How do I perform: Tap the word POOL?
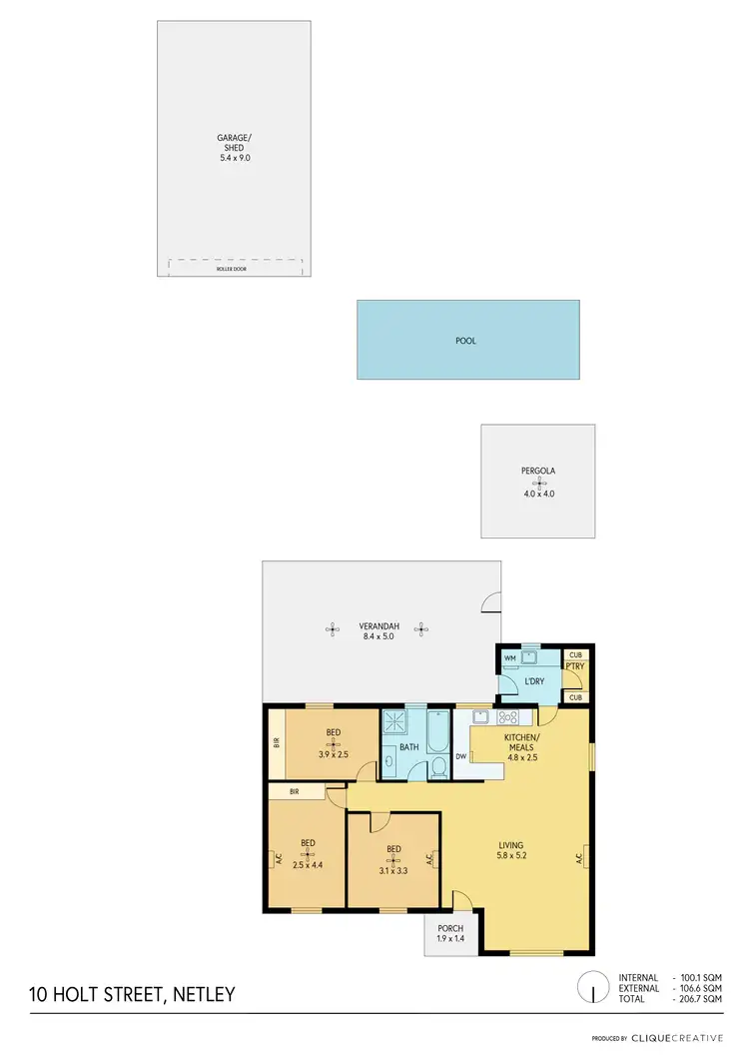click(x=465, y=341)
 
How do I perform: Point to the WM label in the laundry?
click(x=509, y=658)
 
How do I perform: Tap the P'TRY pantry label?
click(x=574, y=665)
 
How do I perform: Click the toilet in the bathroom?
click(x=437, y=767)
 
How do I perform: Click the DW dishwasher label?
click(x=460, y=756)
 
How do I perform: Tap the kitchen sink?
click(x=479, y=717)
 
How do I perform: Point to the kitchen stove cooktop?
click(x=507, y=717)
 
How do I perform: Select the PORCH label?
click(x=449, y=928)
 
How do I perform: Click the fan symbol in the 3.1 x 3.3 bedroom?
click(x=393, y=862)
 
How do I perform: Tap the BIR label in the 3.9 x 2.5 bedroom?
click(x=276, y=742)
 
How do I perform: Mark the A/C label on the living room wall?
click(x=579, y=857)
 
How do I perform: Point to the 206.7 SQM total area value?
click(x=700, y=999)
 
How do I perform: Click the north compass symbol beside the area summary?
click(x=593, y=989)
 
